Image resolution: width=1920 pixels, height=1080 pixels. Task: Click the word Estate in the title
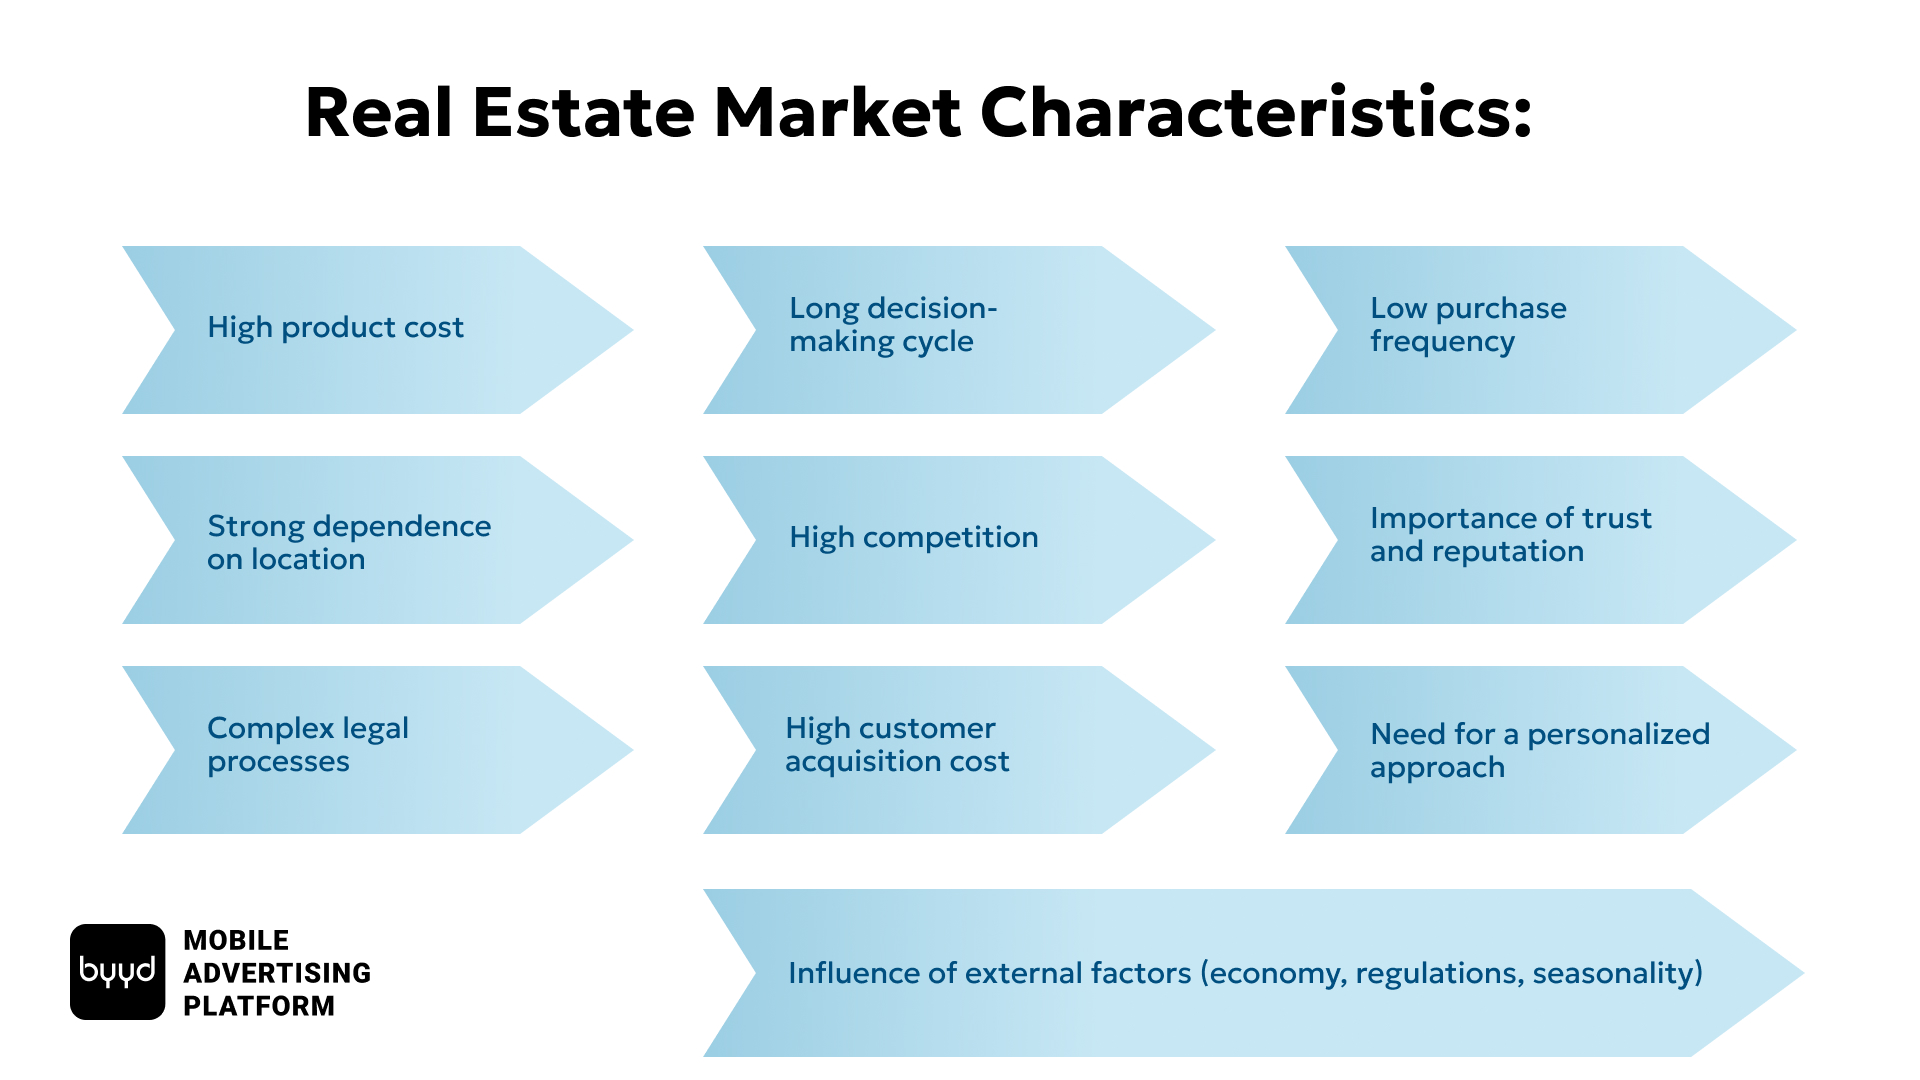(583, 112)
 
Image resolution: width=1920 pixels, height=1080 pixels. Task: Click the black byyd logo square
(117, 972)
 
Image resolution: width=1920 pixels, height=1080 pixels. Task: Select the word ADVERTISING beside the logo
(277, 973)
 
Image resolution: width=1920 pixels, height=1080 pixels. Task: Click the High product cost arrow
(378, 330)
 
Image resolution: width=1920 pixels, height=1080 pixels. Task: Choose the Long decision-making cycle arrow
(959, 330)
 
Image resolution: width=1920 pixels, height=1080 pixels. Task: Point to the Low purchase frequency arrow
(1541, 330)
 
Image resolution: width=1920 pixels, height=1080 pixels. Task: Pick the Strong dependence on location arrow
(378, 540)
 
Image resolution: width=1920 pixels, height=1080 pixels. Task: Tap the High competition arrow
(959, 540)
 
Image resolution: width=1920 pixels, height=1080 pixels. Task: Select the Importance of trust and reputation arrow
(1541, 540)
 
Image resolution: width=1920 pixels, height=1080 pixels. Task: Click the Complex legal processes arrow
(378, 750)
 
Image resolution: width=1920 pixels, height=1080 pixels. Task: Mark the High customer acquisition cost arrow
(959, 750)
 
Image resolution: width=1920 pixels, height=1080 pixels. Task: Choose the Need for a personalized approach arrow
(1541, 750)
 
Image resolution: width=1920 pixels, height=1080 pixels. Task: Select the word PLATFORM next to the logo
(259, 1006)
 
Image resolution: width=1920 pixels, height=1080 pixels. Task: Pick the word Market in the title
(837, 112)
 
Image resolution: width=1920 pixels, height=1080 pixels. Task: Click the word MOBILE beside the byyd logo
(236, 940)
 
